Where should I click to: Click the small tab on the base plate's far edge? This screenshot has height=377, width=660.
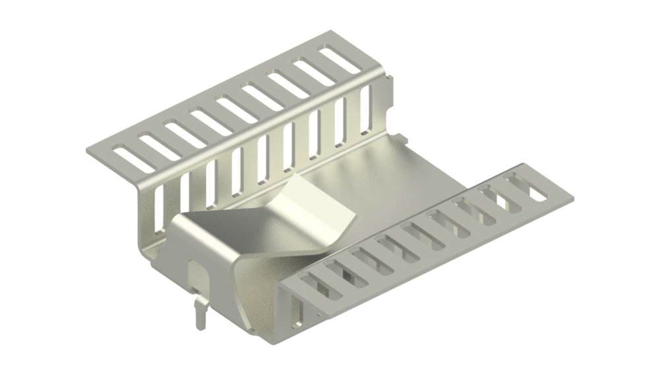(x=400, y=137)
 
